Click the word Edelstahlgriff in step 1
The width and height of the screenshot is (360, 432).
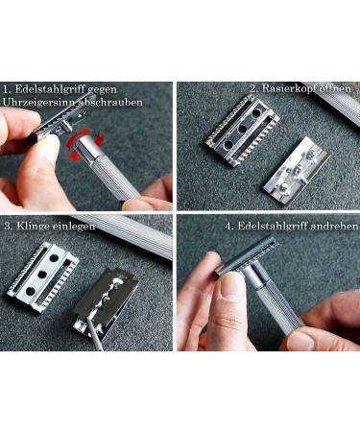coord(62,88)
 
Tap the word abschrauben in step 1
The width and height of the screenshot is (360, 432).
coord(112,102)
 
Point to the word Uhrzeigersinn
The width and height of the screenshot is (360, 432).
coord(42,102)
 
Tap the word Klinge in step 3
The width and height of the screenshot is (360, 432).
coord(35,226)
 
